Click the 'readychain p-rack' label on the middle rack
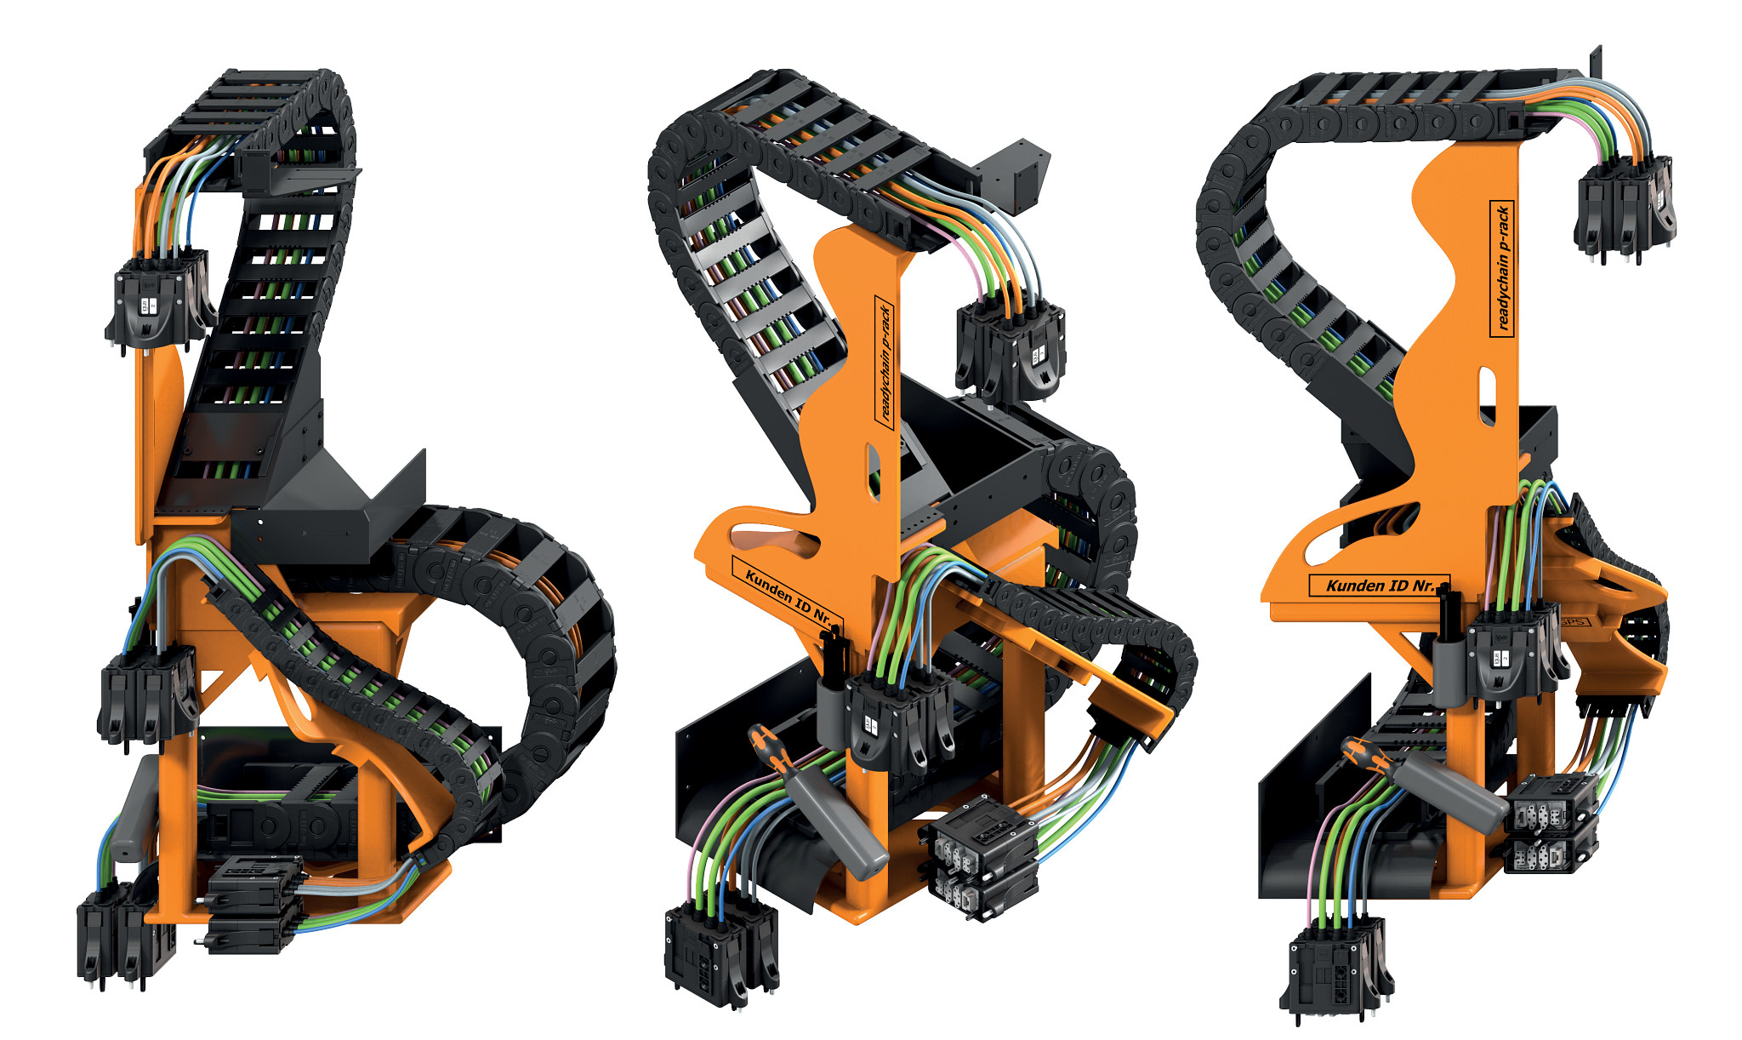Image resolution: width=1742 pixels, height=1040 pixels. [885, 362]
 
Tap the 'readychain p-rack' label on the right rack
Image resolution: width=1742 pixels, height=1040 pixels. [1502, 268]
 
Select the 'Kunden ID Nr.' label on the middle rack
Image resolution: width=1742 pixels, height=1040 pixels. [787, 596]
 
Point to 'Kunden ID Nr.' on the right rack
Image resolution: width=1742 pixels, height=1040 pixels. [1378, 586]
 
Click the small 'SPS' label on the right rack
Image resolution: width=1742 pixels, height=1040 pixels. [1573, 622]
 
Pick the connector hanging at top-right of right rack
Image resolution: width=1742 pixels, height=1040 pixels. [1625, 204]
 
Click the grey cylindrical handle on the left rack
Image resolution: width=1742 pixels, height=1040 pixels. [136, 809]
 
